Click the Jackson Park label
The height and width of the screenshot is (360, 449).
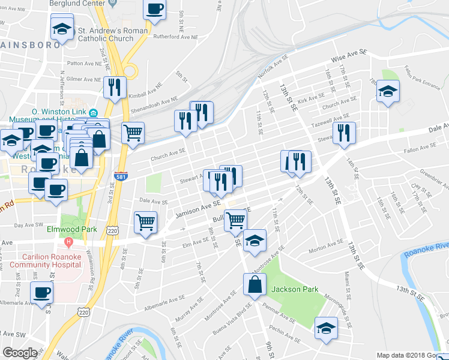pos(294,289)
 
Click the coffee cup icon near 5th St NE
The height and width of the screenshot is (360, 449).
pos(155,10)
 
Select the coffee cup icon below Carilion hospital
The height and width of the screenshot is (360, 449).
pos(42,293)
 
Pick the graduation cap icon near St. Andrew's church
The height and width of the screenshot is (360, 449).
pos(61,29)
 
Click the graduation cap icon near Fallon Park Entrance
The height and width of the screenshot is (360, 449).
pos(388,92)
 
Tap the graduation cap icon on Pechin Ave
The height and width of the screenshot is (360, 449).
pos(327,329)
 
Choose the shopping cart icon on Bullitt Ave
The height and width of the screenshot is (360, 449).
pos(235,220)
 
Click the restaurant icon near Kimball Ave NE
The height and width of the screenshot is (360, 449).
pos(113,88)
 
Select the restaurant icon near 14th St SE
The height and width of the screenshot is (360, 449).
pos(344,133)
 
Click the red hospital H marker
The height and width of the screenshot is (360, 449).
pos(68,243)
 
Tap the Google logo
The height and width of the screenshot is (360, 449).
pos(20,353)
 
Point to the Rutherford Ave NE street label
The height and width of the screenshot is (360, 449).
pos(175,37)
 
